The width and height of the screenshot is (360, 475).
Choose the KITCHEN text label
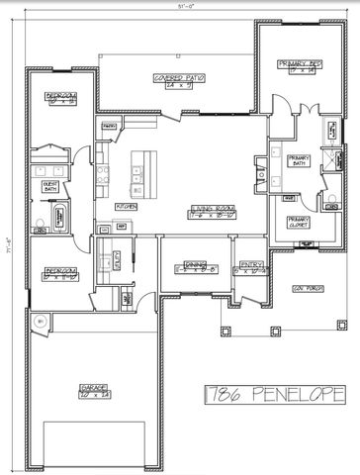click(126, 206)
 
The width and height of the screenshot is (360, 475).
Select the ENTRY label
click(248, 266)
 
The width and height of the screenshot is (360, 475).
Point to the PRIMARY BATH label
click(300, 160)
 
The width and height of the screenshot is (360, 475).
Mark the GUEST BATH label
click(49, 187)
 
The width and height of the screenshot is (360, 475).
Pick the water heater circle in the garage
click(40, 322)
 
